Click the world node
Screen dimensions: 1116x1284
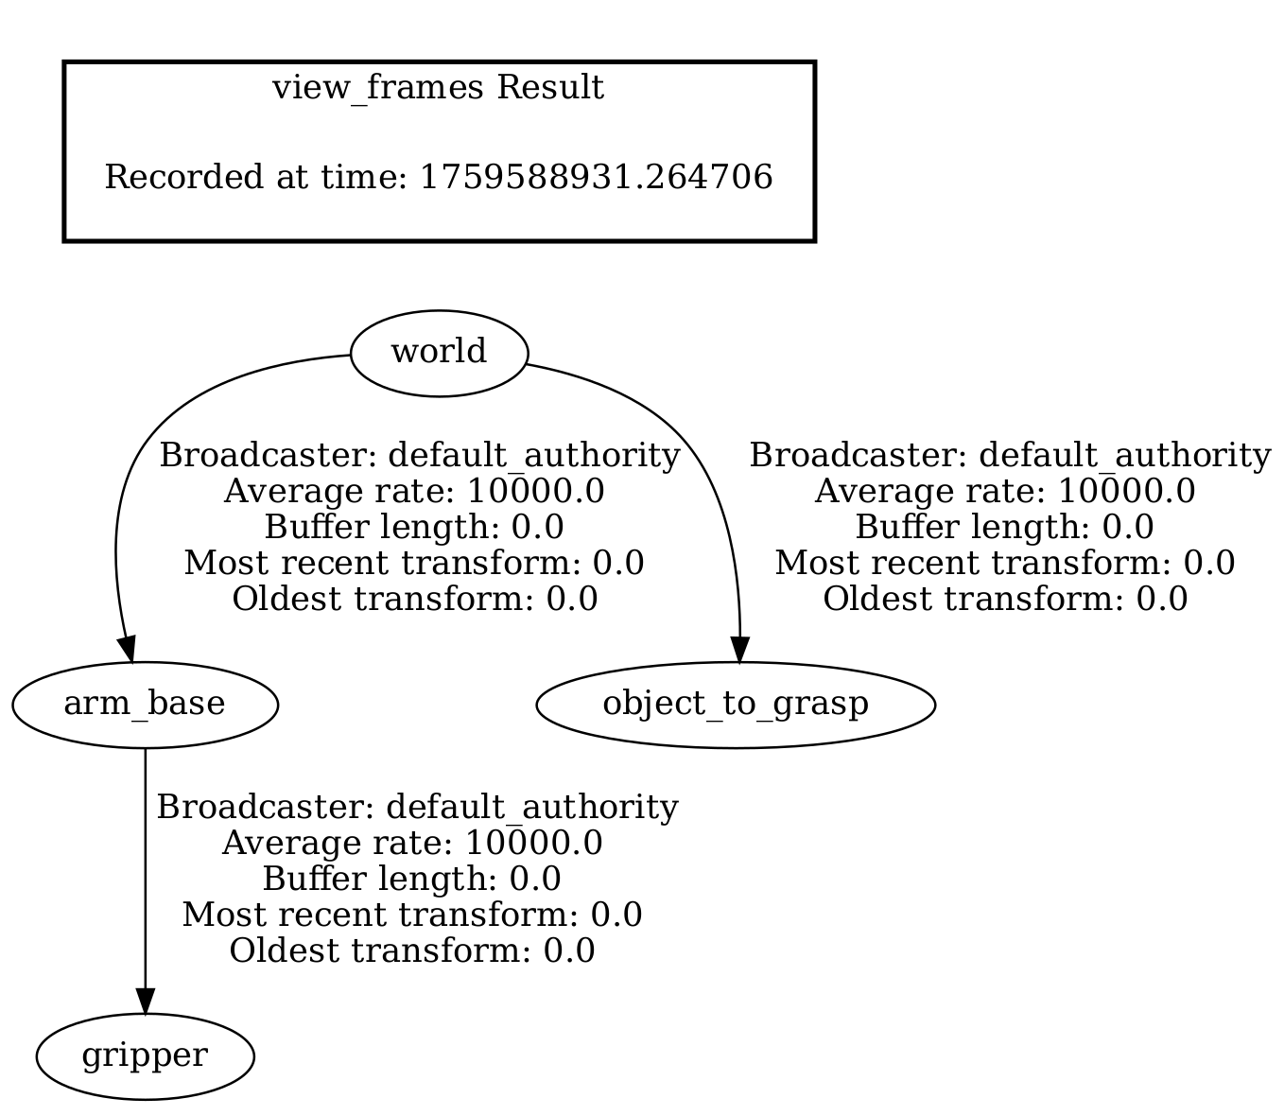[438, 353]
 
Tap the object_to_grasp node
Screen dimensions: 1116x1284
[736, 705]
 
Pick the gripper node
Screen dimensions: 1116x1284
[145, 1056]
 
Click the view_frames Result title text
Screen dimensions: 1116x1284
[438, 88]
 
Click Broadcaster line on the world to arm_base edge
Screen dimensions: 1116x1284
[419, 456]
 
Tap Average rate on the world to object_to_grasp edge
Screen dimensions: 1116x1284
[1004, 492]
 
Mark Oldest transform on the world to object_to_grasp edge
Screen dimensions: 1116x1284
[1004, 599]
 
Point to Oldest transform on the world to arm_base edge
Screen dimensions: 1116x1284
[414, 599]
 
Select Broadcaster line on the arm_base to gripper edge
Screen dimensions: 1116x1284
[416, 808]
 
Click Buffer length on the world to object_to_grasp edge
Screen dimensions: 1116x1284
[1004, 527]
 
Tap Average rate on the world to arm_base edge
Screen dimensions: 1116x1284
[414, 492]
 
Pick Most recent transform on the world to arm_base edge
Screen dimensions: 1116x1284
[414, 563]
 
